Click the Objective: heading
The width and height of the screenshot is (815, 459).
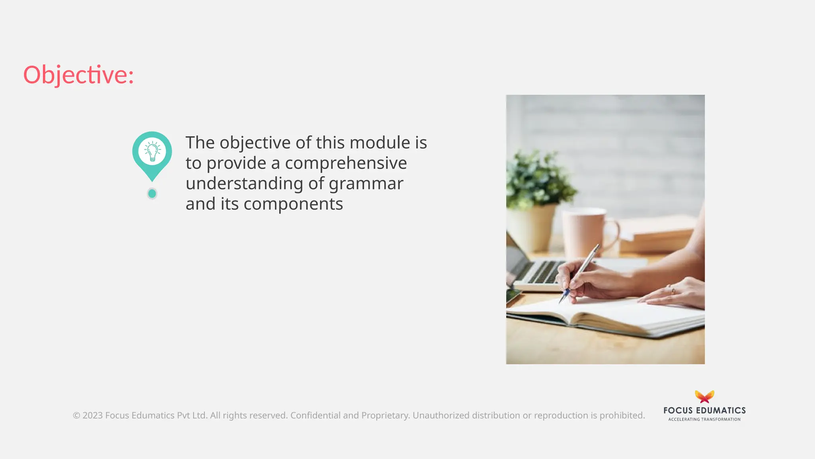(78, 75)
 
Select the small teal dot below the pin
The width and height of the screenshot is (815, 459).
(152, 194)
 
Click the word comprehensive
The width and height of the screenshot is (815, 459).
(346, 163)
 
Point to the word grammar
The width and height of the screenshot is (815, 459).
(366, 184)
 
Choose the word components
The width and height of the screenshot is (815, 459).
(293, 204)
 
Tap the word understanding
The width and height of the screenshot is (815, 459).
(244, 184)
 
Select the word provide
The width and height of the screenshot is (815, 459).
(236, 163)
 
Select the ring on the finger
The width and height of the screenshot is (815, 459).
(673, 291)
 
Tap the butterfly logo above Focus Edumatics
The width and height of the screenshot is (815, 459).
(704, 397)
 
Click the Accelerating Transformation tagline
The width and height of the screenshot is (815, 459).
(704, 419)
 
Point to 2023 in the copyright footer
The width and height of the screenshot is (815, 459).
(93, 416)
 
